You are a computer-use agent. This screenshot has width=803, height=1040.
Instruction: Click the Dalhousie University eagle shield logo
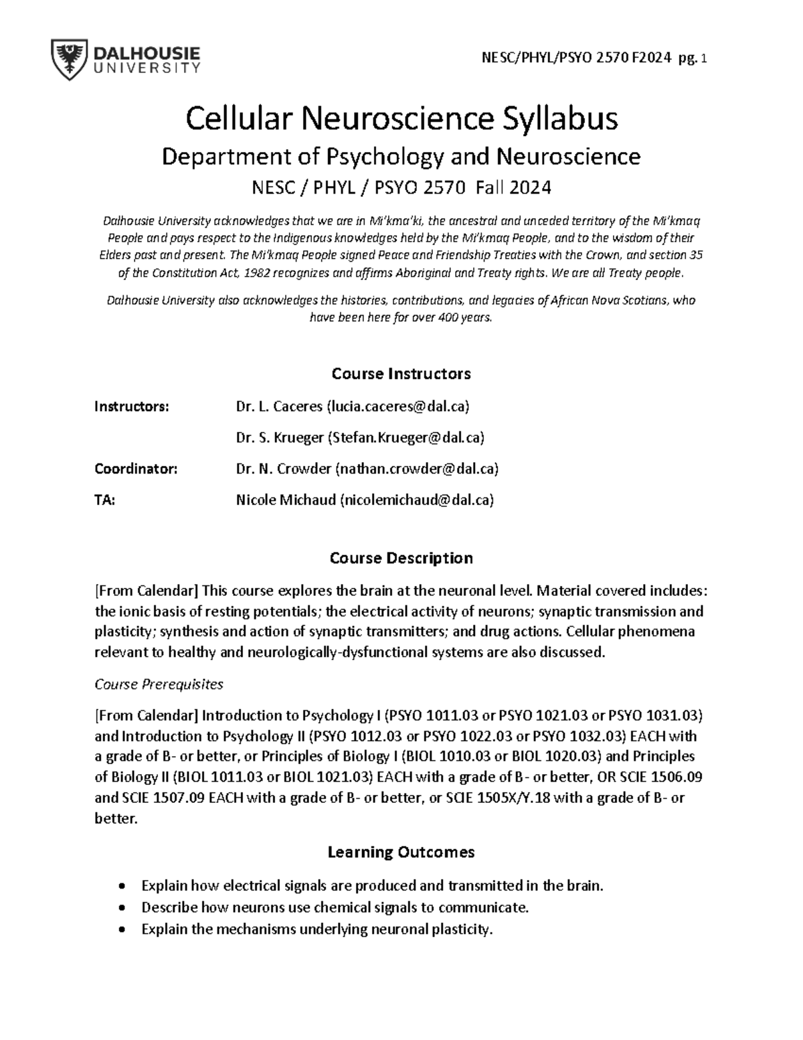click(x=68, y=60)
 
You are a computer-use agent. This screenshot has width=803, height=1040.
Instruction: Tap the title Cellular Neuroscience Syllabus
click(x=401, y=119)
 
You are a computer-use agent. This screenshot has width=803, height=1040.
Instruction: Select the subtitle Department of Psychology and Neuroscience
click(x=401, y=157)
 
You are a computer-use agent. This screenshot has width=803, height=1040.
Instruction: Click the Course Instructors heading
click(x=401, y=374)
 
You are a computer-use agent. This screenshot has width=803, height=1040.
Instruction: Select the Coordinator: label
click(x=136, y=469)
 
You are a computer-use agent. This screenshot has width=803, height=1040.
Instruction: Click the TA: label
click(x=105, y=500)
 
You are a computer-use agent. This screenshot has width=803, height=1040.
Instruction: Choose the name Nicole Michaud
click(x=286, y=500)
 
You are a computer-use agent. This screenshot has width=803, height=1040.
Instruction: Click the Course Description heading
click(x=401, y=558)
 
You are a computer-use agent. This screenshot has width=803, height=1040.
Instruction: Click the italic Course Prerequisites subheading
click(x=159, y=684)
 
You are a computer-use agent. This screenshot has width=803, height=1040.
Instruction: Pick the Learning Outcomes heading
click(x=401, y=852)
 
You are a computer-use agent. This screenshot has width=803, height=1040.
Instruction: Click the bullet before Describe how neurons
click(x=121, y=908)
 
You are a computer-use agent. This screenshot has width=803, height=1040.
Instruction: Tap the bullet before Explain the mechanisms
click(x=121, y=930)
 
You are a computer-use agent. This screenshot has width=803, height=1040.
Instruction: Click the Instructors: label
click(x=132, y=406)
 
